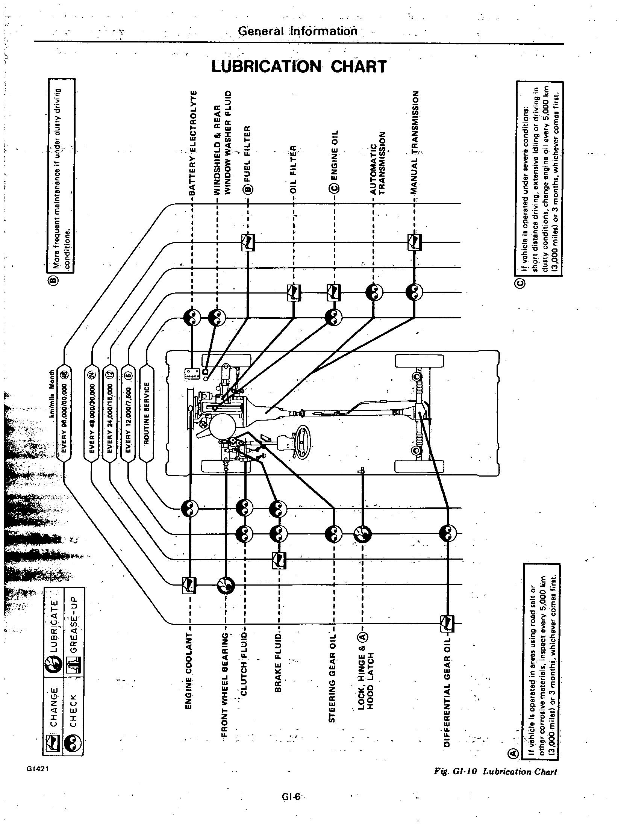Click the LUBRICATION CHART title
[299, 67]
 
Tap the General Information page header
[298, 30]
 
